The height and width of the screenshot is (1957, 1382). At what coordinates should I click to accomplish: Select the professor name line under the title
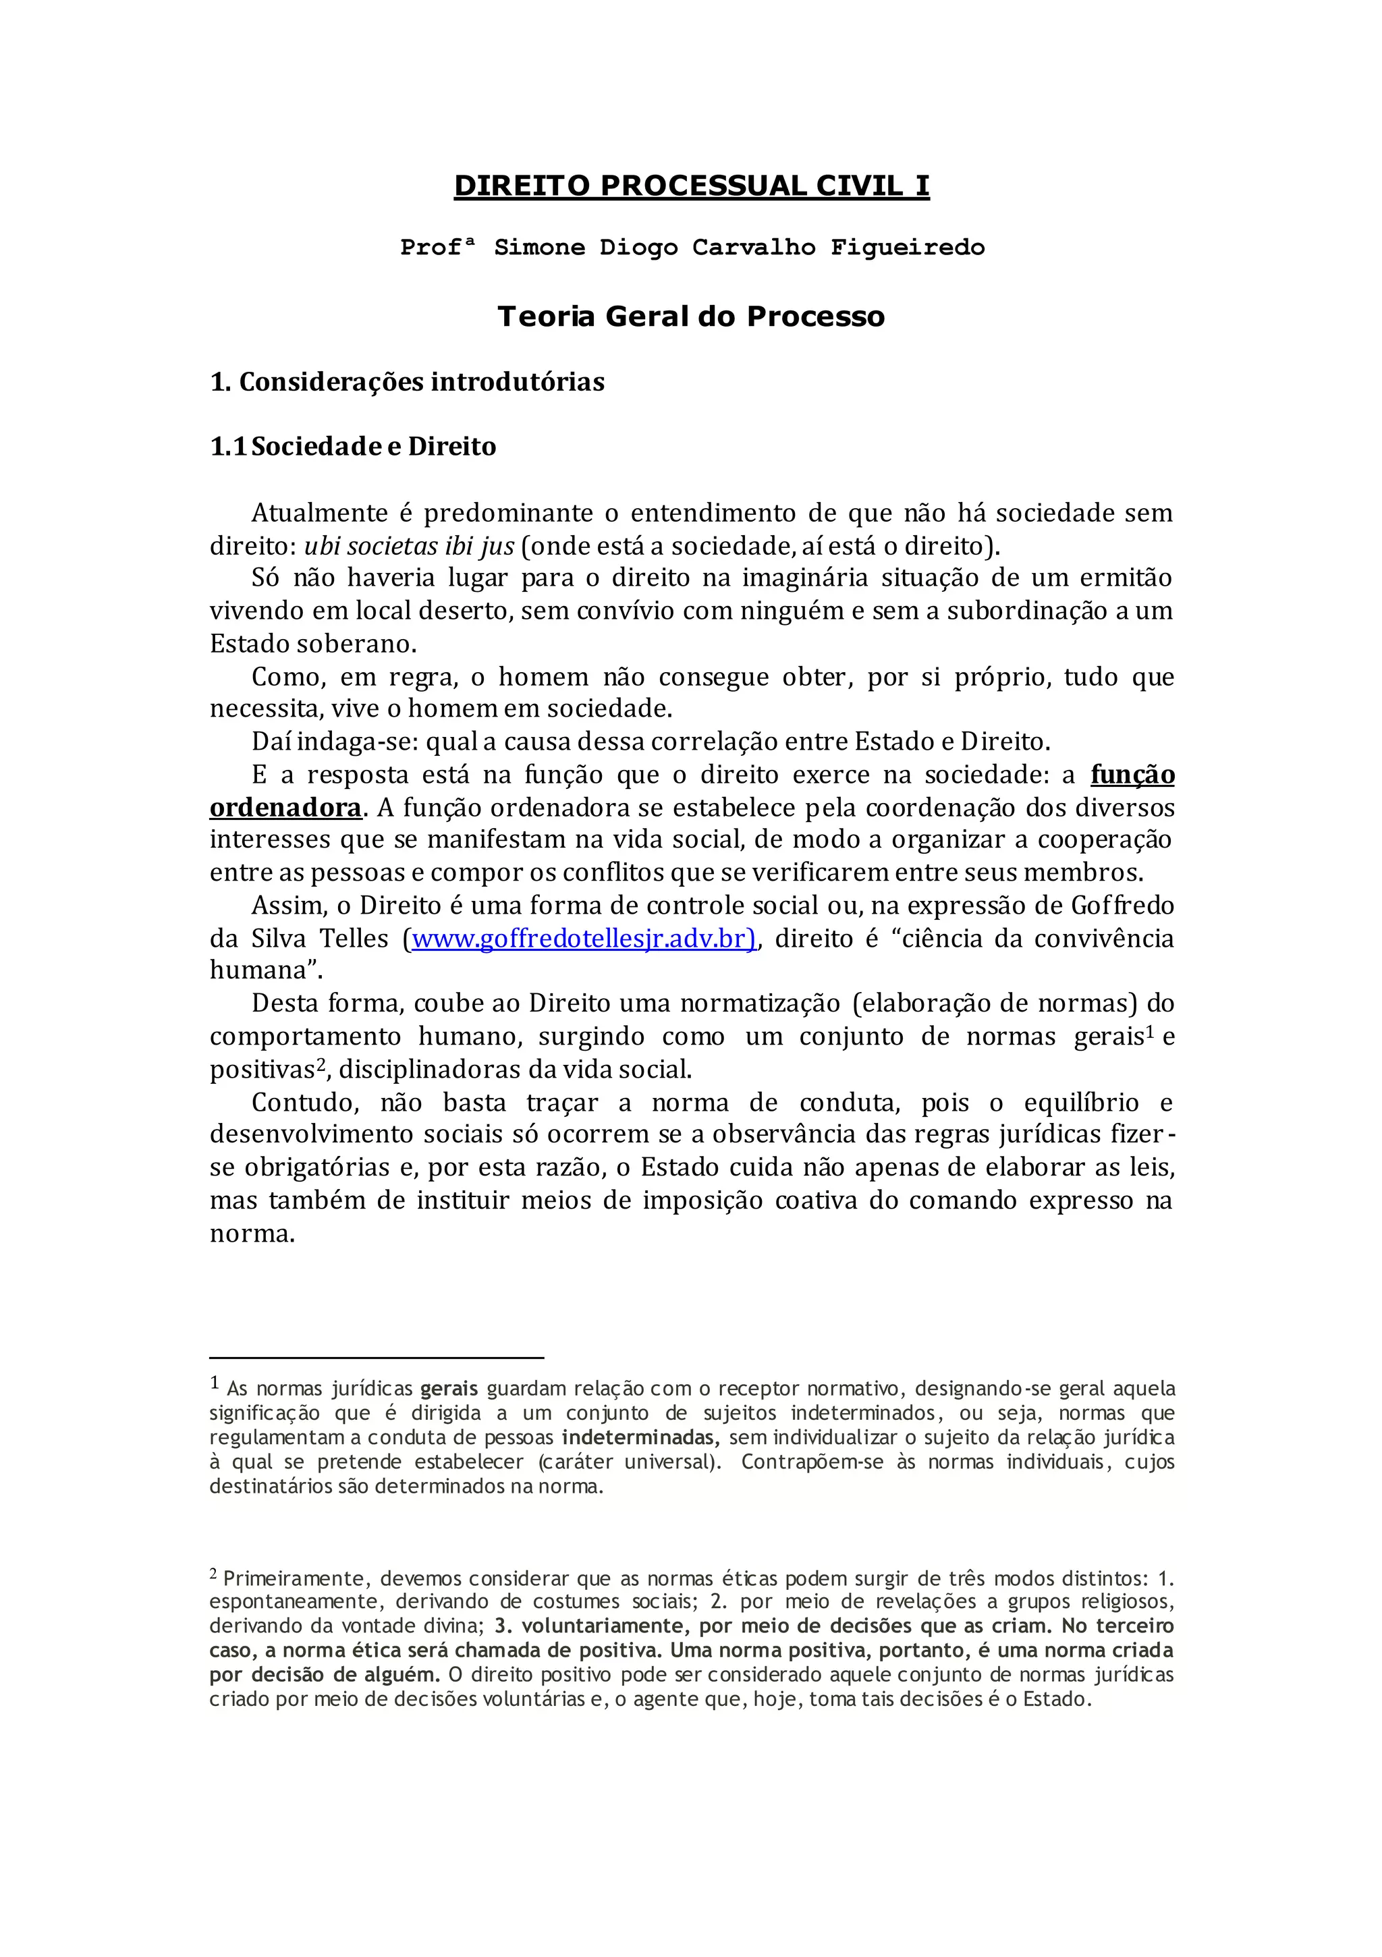[x=692, y=248]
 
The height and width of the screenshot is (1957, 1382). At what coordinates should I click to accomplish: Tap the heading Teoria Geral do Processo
[x=690, y=317]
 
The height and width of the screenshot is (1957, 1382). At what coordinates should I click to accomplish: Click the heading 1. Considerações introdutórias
[x=407, y=382]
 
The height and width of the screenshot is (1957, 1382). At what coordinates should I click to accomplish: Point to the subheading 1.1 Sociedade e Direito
[x=353, y=447]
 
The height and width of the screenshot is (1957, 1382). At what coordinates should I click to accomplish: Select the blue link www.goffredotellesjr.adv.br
[x=583, y=939]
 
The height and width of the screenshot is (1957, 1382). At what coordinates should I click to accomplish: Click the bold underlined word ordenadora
[x=285, y=807]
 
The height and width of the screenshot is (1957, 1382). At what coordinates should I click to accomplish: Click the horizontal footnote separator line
[x=377, y=1357]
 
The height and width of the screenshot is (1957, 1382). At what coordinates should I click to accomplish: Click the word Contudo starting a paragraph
[x=299, y=1103]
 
